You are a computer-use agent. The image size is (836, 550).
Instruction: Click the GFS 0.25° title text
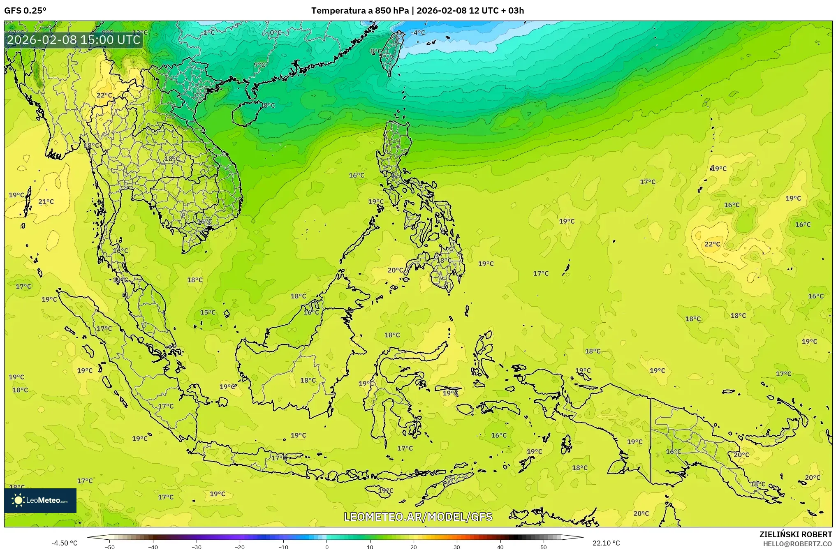click(x=25, y=11)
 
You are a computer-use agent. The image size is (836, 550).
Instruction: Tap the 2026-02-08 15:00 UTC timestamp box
click(x=74, y=40)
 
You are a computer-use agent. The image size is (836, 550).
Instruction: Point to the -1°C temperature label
click(x=208, y=32)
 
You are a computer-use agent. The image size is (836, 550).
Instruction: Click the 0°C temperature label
click(x=276, y=32)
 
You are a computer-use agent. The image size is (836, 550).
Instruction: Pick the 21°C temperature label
click(x=46, y=201)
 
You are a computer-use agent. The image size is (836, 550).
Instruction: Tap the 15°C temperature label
click(x=208, y=312)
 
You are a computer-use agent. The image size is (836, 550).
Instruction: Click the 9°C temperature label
click(x=259, y=65)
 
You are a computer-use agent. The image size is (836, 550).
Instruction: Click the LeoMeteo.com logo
click(x=40, y=500)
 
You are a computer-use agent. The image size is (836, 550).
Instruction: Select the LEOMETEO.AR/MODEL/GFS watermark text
click(x=418, y=517)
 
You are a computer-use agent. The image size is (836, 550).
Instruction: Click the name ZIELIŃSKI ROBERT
click(x=795, y=534)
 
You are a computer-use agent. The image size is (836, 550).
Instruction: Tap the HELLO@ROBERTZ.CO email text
click(x=797, y=544)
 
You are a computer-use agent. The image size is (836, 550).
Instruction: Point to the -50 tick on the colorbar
click(x=110, y=547)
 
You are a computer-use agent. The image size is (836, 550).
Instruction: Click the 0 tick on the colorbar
click(x=327, y=547)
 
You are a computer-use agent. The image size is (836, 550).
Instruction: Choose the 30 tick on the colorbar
click(x=457, y=547)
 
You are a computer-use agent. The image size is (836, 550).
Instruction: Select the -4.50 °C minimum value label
click(x=64, y=543)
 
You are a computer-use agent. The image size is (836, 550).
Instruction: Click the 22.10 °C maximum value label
click(x=606, y=543)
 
